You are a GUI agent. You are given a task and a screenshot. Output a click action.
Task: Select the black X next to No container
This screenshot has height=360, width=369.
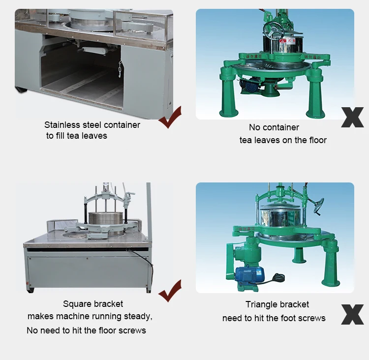[352, 117]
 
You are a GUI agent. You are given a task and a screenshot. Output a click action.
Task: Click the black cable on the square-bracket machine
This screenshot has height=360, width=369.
[143, 255]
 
